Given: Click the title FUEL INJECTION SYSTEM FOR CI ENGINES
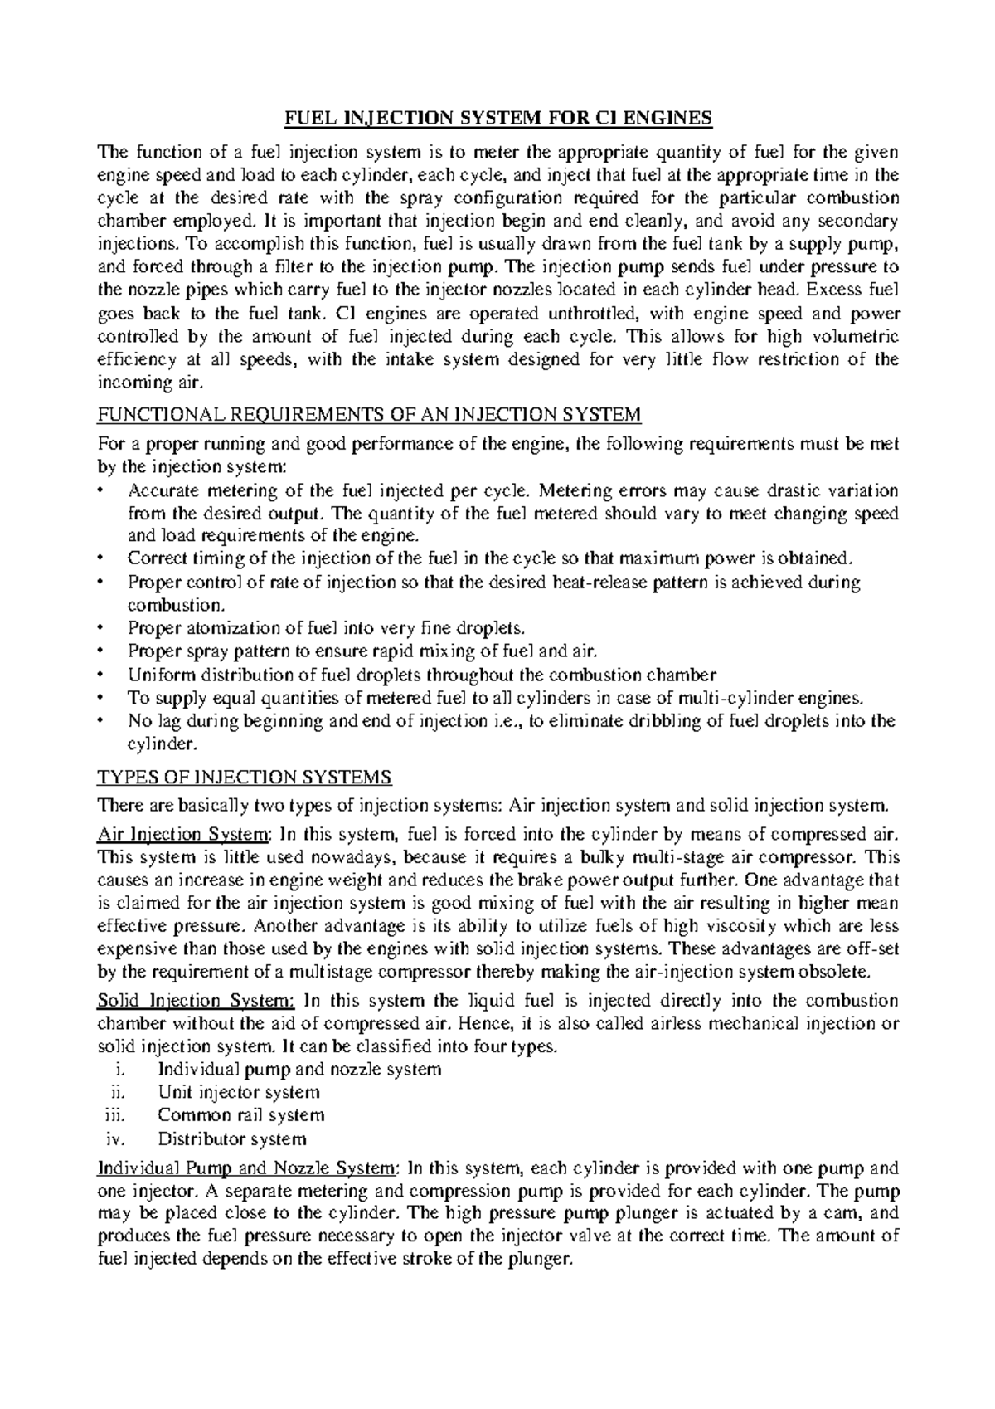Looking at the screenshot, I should point(498,119).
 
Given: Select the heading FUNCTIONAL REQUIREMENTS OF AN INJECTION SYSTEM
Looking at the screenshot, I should point(369,415).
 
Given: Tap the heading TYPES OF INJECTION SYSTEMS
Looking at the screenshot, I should point(244,778).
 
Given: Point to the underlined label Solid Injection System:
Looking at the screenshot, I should point(197,1001).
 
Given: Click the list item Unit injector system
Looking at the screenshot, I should point(238,1093).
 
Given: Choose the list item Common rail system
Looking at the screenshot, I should point(240,1115).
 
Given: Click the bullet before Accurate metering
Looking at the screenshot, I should point(101,490).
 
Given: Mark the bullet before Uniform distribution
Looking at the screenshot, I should point(101,675).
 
